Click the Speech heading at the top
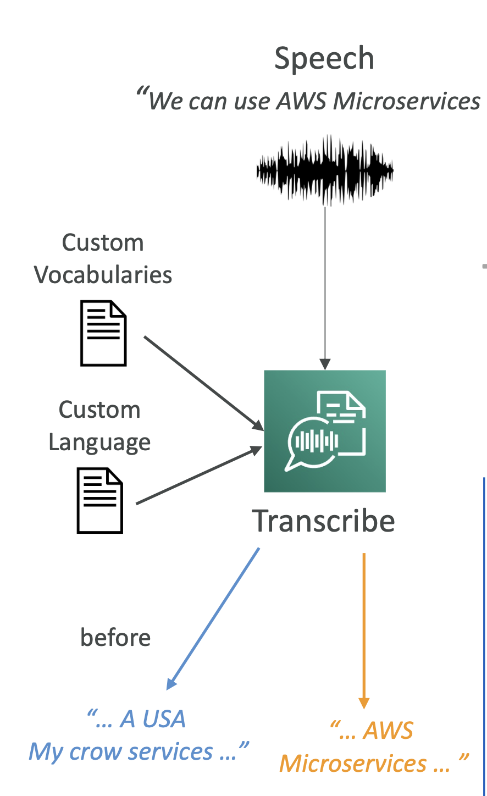324,59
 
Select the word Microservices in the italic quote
407,101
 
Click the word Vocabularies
103,275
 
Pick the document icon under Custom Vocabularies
103,333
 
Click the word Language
99,443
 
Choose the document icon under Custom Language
99,500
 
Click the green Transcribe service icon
325,431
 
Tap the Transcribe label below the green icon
324,521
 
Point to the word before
115,638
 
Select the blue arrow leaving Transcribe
213,618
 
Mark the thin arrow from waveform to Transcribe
325,286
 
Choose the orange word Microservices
353,764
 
